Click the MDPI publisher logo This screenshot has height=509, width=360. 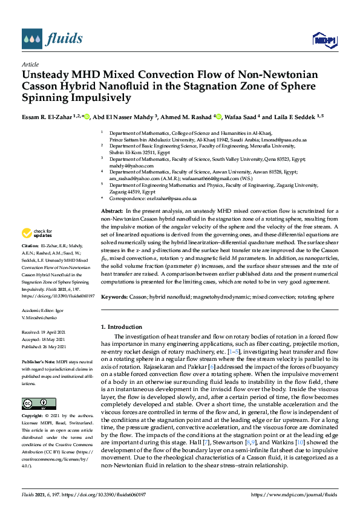[x=321, y=40]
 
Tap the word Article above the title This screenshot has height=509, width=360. [x=30, y=64]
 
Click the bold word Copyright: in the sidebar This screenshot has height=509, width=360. [x=32, y=417]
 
